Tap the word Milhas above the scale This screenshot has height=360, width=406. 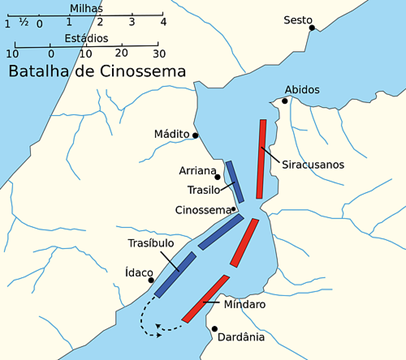84,7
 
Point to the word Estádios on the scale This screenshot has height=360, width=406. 84,39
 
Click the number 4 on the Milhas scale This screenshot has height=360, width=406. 164,21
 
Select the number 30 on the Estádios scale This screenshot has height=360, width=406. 156,53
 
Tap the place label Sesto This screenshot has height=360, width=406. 297,20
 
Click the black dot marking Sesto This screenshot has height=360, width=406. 313,29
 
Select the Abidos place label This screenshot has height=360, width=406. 302,90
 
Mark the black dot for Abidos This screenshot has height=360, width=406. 284,100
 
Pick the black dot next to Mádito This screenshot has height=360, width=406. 196,135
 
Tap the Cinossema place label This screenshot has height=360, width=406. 202,209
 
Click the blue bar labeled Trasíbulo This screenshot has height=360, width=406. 175,274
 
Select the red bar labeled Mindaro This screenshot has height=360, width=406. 205,300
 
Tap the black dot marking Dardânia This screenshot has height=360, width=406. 214,327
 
